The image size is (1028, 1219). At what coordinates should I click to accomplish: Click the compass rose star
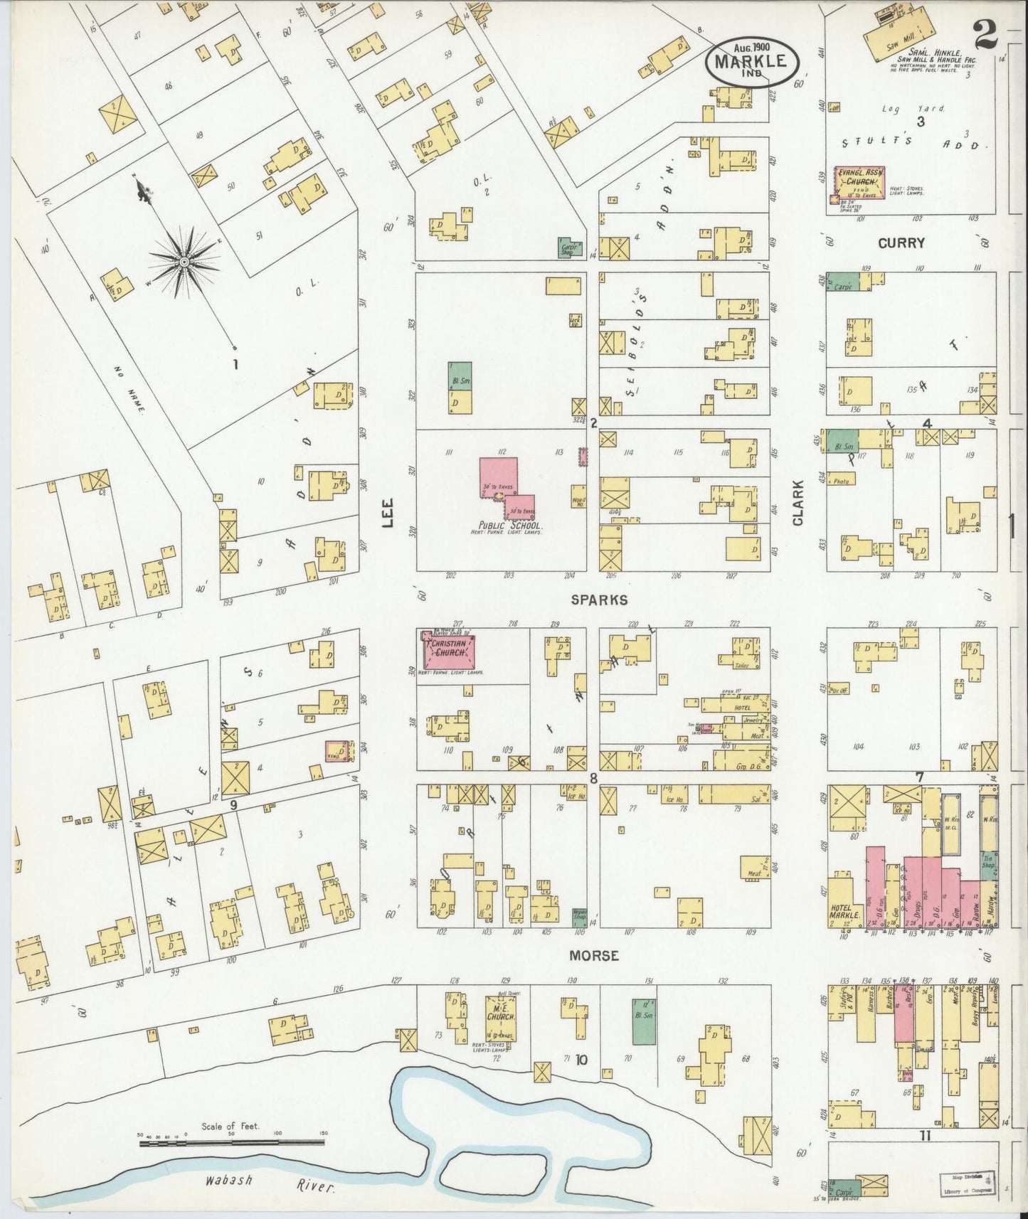pyautogui.click(x=184, y=262)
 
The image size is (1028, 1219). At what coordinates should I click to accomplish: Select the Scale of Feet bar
pyautogui.click(x=232, y=1142)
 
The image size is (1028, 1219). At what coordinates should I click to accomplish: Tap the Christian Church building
pyautogui.click(x=448, y=649)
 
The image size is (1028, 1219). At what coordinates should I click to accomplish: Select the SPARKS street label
pyautogui.click(x=599, y=600)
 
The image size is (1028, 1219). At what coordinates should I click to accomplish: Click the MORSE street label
pyautogui.click(x=594, y=956)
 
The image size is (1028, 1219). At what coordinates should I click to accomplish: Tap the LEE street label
pyautogui.click(x=388, y=511)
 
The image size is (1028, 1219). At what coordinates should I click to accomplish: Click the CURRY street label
pyautogui.click(x=901, y=243)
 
